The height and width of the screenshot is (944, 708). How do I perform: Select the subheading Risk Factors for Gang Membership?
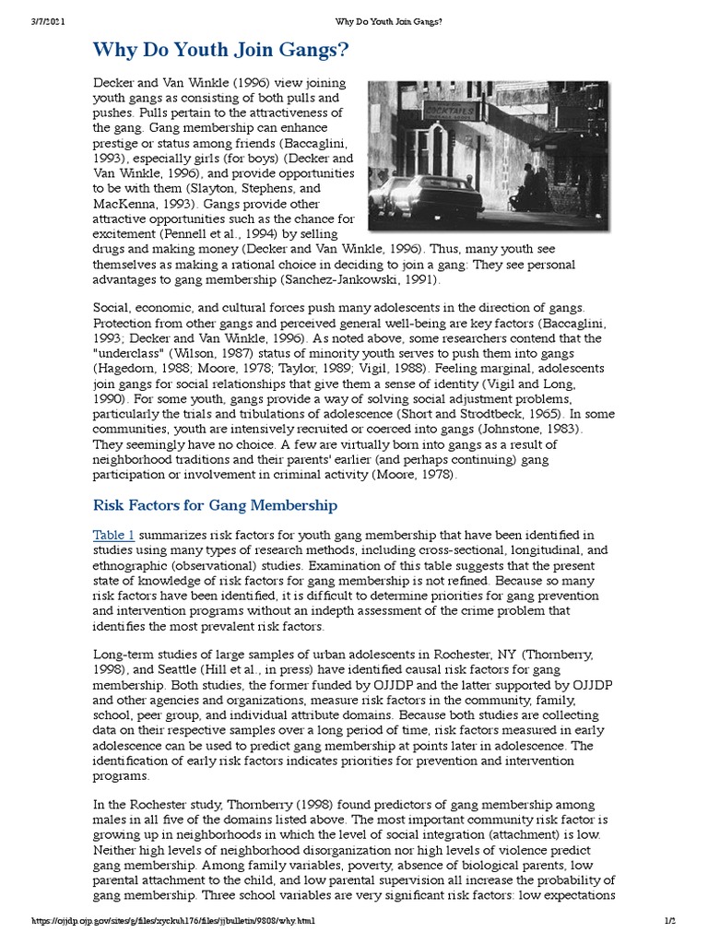[215, 505]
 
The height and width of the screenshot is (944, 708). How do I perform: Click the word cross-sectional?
[435, 550]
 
